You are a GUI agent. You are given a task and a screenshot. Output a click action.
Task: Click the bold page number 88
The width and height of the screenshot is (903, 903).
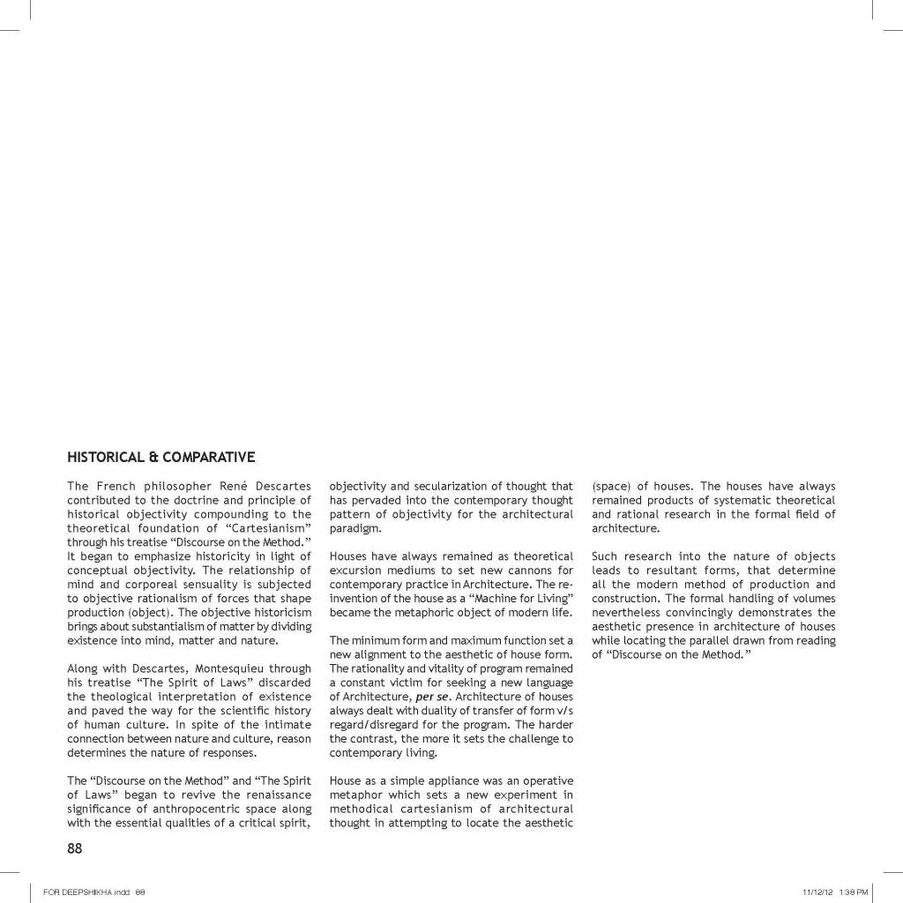tap(75, 848)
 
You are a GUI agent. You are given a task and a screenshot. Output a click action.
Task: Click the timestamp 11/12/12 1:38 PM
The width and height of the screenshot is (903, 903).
tap(835, 892)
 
